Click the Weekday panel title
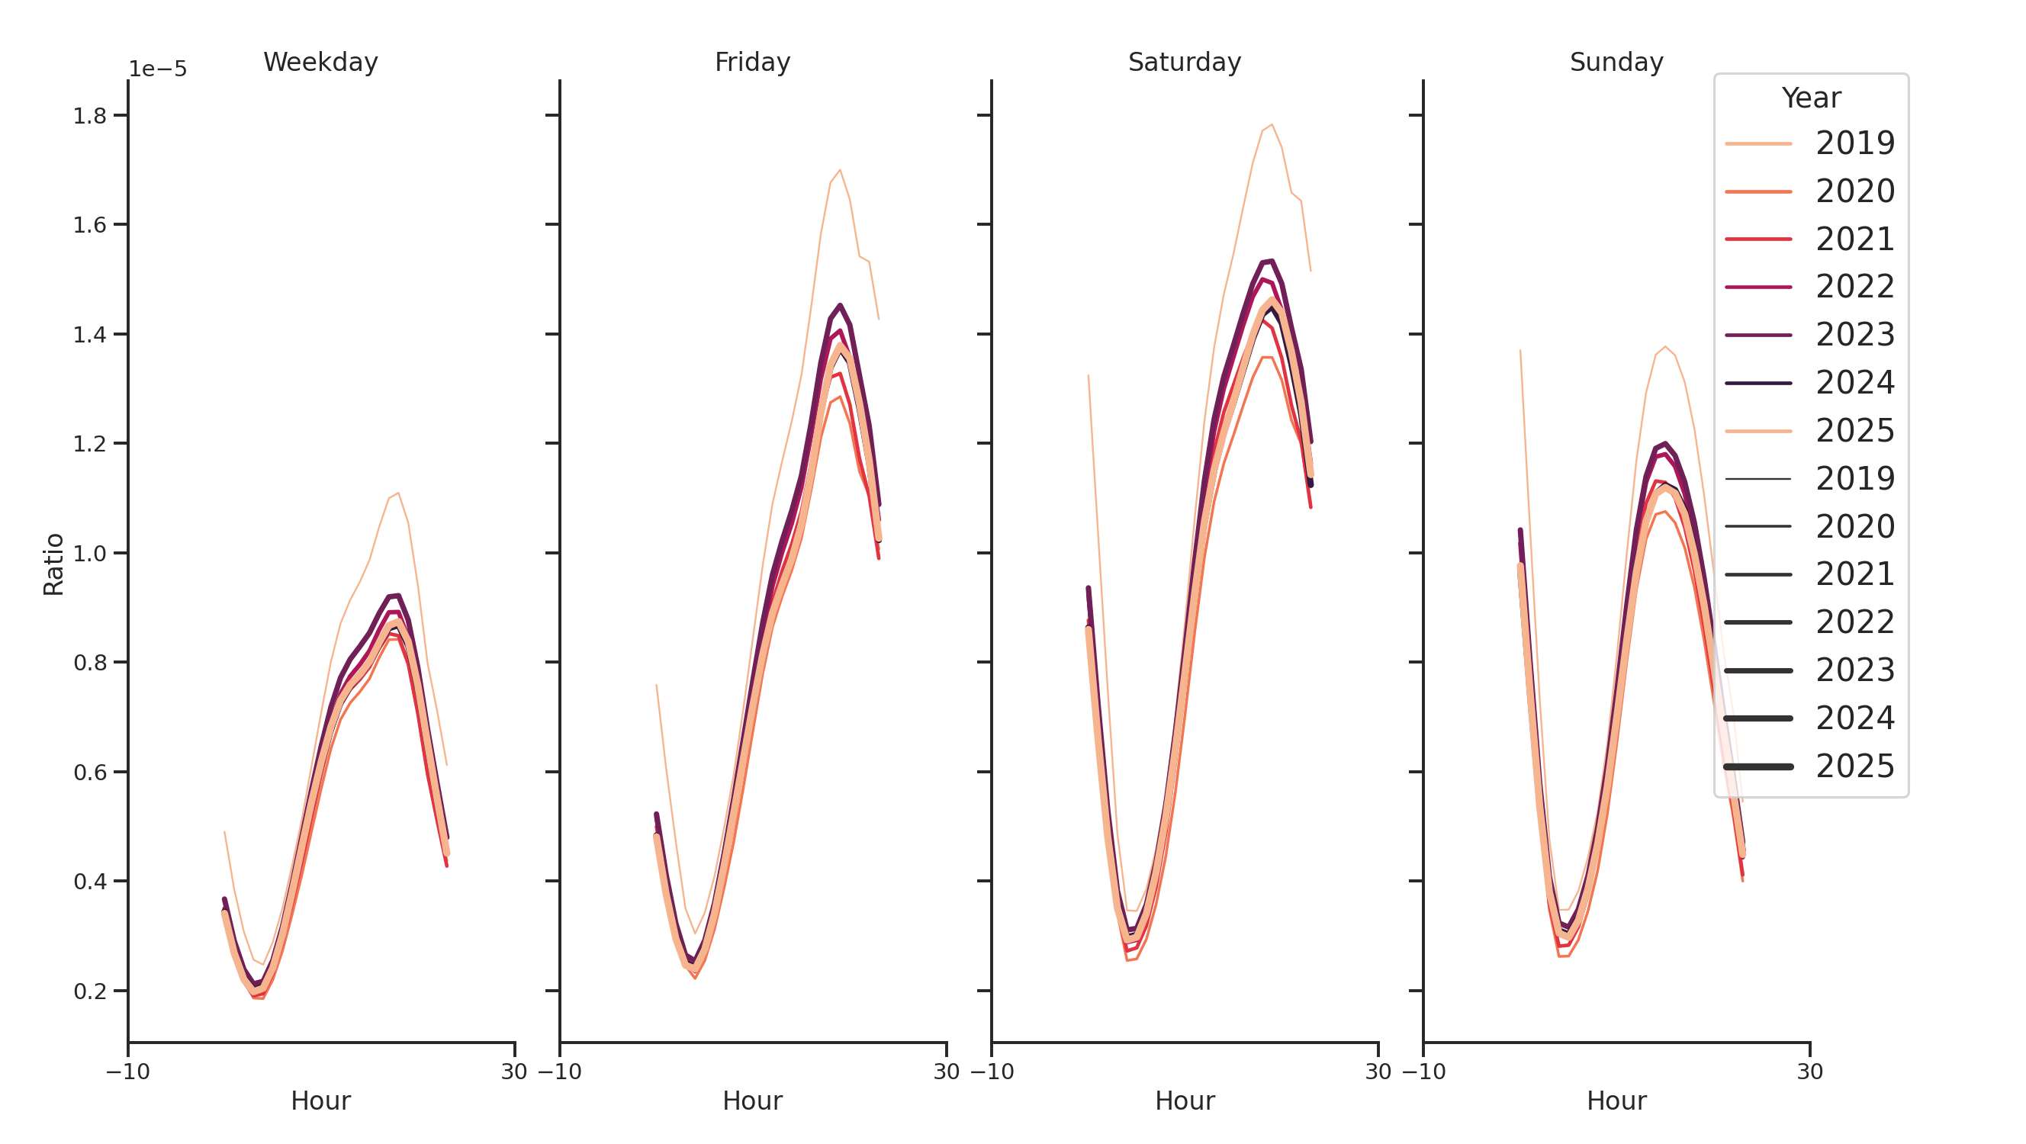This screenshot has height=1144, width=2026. click(320, 62)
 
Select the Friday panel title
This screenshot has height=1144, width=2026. click(752, 62)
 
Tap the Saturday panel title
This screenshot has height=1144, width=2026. click(1184, 62)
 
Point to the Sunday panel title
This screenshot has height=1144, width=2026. click(1616, 62)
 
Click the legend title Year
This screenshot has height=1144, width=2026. click(1810, 98)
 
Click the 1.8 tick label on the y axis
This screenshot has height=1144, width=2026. click(90, 117)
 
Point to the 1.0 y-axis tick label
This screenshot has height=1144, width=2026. click(90, 554)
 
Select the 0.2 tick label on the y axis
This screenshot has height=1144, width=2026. click(90, 991)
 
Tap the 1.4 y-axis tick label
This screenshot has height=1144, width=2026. click(90, 335)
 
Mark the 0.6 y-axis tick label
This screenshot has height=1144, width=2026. click(90, 773)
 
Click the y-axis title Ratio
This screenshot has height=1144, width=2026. click(53, 564)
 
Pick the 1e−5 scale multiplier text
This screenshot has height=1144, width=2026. click(157, 69)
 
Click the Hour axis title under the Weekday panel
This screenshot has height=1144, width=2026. click(320, 1101)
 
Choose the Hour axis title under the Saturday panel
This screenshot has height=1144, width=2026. click(1184, 1101)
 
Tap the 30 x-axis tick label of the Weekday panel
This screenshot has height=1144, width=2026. click(514, 1072)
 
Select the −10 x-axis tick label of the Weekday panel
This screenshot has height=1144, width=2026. click(127, 1072)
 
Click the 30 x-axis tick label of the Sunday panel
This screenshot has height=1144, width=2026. click(1809, 1072)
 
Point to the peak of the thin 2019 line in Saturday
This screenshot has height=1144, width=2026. click(1271, 124)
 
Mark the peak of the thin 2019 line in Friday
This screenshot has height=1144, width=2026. click(839, 170)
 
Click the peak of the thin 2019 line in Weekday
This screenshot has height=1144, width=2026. click(399, 493)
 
